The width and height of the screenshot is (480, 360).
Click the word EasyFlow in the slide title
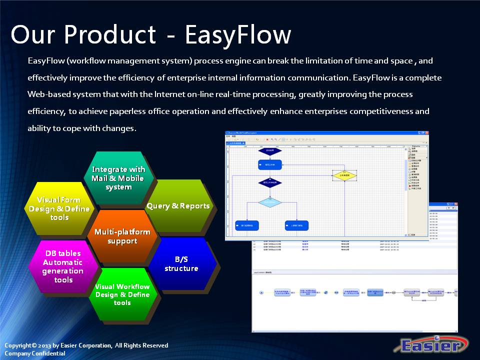[237, 35]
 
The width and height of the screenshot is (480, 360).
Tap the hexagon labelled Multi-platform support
[122, 236]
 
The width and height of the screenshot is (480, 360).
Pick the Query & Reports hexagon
[178, 206]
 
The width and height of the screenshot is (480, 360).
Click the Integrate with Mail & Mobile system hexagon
[118, 178]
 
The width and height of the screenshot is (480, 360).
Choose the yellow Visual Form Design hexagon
[59, 208]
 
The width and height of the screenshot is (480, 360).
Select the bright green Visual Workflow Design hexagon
[122, 294]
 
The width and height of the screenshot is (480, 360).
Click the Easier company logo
[432, 345]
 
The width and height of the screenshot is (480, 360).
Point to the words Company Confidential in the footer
[35, 353]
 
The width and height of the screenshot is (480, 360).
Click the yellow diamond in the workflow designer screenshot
[345, 175]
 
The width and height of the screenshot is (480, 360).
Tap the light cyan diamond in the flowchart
[270, 202]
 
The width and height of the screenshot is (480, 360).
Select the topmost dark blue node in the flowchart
[270, 150]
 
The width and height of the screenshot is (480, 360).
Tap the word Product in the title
[110, 35]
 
